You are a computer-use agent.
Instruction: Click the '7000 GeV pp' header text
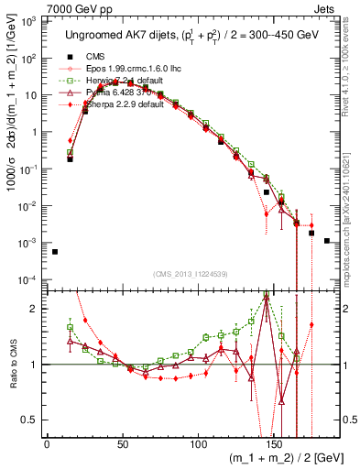[76, 7]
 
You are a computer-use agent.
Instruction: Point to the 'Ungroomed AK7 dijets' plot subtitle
[115, 35]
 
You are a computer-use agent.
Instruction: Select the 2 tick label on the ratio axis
[38, 308]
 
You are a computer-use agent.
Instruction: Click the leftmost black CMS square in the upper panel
[55, 252]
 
